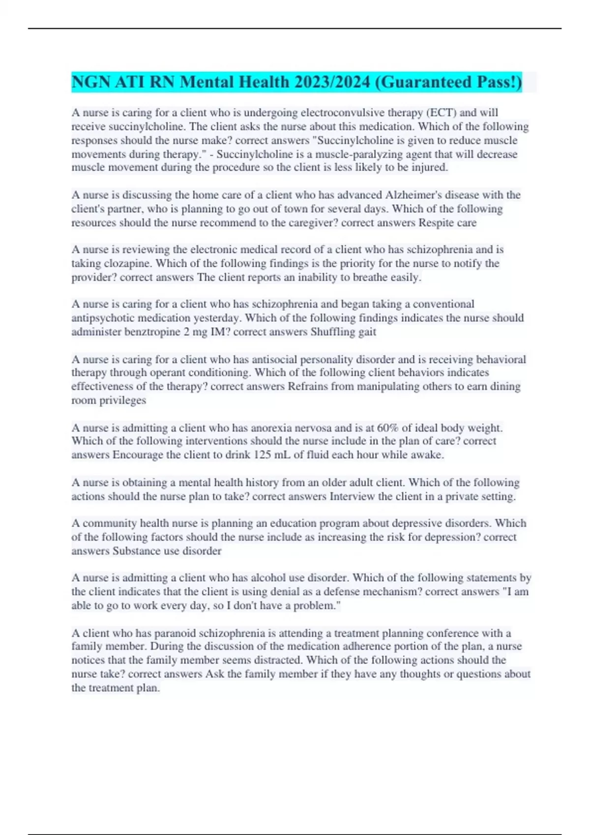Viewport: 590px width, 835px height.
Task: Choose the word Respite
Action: [x=436, y=223]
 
